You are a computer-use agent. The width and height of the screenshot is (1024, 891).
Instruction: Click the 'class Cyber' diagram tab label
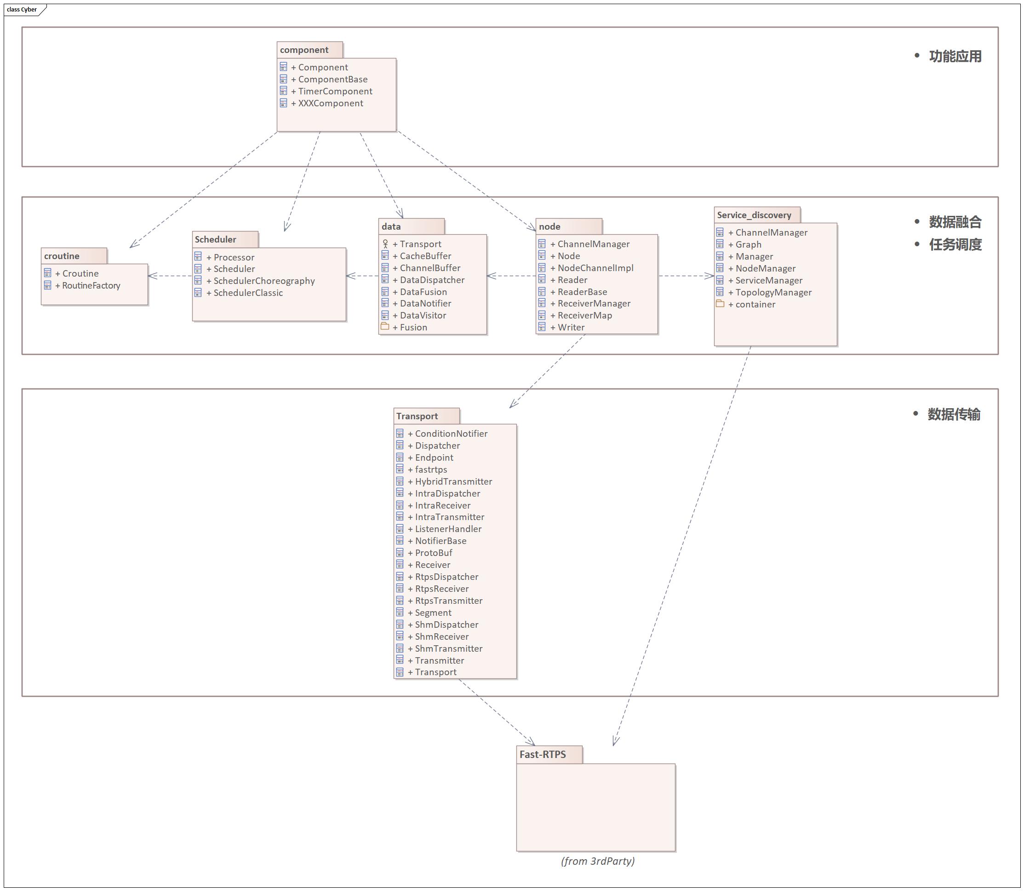22,10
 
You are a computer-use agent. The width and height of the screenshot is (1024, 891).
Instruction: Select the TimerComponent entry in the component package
332,92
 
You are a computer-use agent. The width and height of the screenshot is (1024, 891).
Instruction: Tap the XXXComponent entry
327,104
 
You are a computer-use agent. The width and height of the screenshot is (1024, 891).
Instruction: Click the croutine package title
62,256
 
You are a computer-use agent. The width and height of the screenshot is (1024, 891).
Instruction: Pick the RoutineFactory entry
87,285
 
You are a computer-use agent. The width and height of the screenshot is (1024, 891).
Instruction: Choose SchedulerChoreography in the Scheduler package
260,281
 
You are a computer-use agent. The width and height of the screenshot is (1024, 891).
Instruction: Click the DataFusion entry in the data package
419,292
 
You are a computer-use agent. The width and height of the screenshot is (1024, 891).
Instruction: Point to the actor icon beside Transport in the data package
385,243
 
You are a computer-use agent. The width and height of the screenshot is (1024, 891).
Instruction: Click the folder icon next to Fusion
384,326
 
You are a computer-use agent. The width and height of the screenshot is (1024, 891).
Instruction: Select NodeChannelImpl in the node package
591,268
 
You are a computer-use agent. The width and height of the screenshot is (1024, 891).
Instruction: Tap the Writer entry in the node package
567,328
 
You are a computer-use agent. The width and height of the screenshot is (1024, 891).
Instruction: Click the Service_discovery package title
754,215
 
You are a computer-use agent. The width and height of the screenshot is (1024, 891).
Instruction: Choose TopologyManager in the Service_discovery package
770,292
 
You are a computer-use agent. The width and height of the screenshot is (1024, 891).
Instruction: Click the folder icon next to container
720,303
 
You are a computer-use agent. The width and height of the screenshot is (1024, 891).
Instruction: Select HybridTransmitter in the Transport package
450,481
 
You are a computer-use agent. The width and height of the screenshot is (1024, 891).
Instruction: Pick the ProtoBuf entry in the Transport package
430,553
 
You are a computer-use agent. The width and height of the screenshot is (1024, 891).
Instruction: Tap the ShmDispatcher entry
443,625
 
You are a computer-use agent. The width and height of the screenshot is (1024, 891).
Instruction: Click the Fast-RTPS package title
543,754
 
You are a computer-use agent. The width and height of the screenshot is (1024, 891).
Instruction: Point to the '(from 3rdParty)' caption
598,861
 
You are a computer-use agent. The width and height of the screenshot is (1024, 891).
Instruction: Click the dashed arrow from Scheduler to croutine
170,276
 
